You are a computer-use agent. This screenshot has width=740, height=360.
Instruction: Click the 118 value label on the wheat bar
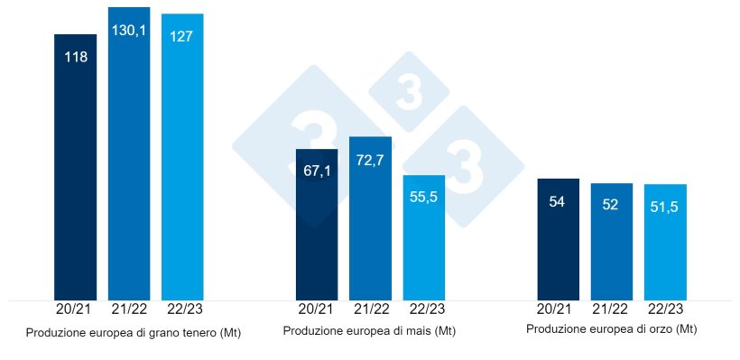75,57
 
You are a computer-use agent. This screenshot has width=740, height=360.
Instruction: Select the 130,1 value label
129,31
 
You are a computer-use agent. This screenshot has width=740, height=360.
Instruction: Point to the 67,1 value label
317,171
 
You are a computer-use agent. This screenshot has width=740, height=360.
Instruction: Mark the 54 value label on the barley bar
558,201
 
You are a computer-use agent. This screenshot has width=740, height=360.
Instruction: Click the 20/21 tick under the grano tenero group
75,309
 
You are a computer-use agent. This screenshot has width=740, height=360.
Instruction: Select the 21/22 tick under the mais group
370,309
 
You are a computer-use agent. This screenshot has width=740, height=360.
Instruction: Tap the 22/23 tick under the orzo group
666,309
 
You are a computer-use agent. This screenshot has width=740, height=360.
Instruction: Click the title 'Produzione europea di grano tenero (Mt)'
134,333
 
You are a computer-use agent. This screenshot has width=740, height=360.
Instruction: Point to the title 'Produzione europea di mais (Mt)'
369,331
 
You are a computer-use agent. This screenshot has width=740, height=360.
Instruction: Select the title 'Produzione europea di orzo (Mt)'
611,329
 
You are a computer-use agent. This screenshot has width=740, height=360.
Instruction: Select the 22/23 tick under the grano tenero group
182,309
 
